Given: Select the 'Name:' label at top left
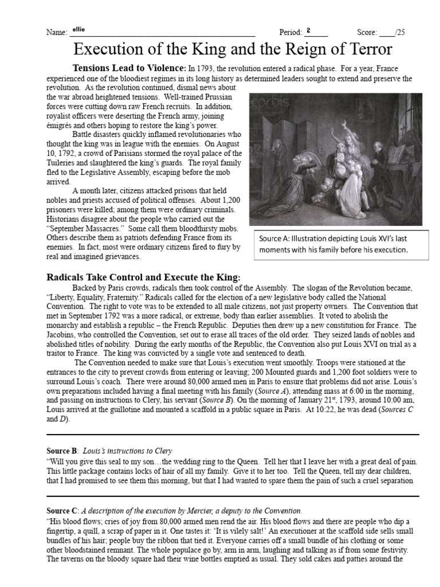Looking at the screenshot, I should click(x=56, y=33).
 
